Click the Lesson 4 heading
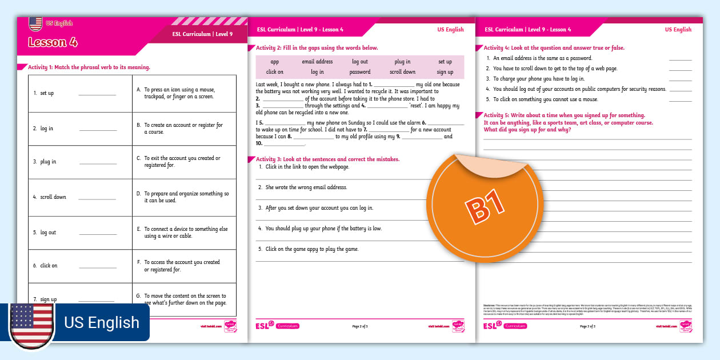pos(53,42)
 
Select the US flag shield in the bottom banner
pos(32,324)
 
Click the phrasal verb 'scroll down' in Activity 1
pos(53,197)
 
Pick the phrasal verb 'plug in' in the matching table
pos(48,162)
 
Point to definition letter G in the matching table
pos(138,296)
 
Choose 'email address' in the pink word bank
pos(317,62)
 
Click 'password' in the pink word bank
pos(360,72)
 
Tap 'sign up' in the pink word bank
pos(445,72)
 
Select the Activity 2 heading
pos(317,48)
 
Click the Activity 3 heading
pos(328,159)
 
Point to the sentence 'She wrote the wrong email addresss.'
pos(306,187)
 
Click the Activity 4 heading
pos(554,48)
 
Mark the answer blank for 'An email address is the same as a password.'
pos(680,59)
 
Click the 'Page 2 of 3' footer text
pos(360,326)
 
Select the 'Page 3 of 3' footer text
pos(587,326)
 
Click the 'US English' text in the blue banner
pos(102,322)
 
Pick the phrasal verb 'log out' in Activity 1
pos(48,233)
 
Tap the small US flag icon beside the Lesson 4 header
pos(35,24)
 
